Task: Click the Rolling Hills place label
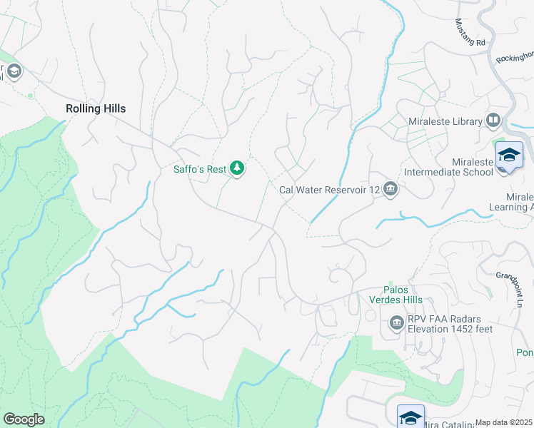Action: (95, 108)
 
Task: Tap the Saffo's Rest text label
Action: (199, 169)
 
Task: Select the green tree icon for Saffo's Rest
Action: (237, 168)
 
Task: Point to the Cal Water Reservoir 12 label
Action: (328, 189)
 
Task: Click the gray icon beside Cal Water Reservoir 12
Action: (390, 189)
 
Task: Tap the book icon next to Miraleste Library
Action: (493, 121)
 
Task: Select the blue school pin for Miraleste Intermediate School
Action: (509, 155)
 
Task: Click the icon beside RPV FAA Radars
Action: (397, 325)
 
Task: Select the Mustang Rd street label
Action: (470, 33)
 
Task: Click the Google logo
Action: (24, 419)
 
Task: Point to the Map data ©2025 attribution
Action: (503, 422)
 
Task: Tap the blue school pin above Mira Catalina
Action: (411, 417)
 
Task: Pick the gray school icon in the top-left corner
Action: (14, 71)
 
